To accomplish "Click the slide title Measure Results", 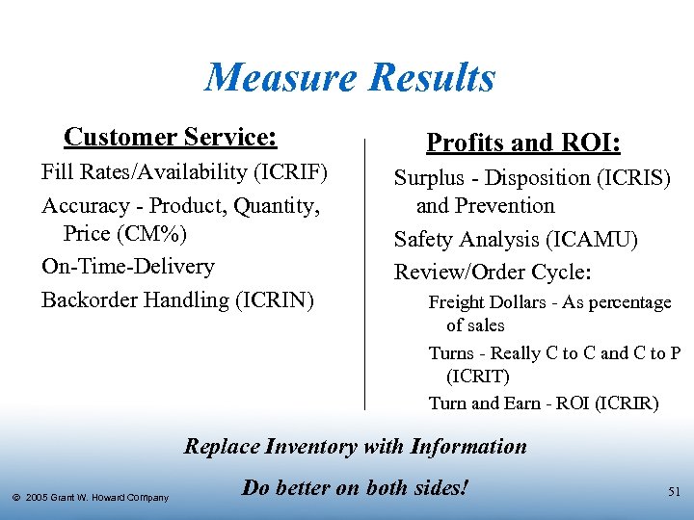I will [350, 77].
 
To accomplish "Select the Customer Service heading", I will [170, 138].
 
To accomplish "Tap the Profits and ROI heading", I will [523, 143].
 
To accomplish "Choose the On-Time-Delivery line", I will [127, 267].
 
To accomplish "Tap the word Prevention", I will [508, 206].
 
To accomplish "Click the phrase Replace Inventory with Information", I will [356, 447].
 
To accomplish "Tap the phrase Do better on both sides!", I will [356, 487].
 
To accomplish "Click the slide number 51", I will [674, 492].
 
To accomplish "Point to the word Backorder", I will [90, 300].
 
